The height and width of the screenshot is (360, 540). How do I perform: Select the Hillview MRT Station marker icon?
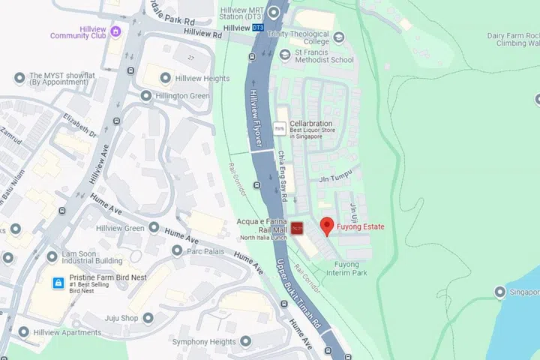coord(274,12)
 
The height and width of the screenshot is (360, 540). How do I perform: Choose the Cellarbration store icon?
coord(280,129)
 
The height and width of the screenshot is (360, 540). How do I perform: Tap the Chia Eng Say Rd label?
coord(283,177)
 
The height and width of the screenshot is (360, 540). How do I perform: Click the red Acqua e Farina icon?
coord(297,228)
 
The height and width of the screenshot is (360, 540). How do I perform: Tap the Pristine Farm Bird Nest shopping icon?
coord(57,283)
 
